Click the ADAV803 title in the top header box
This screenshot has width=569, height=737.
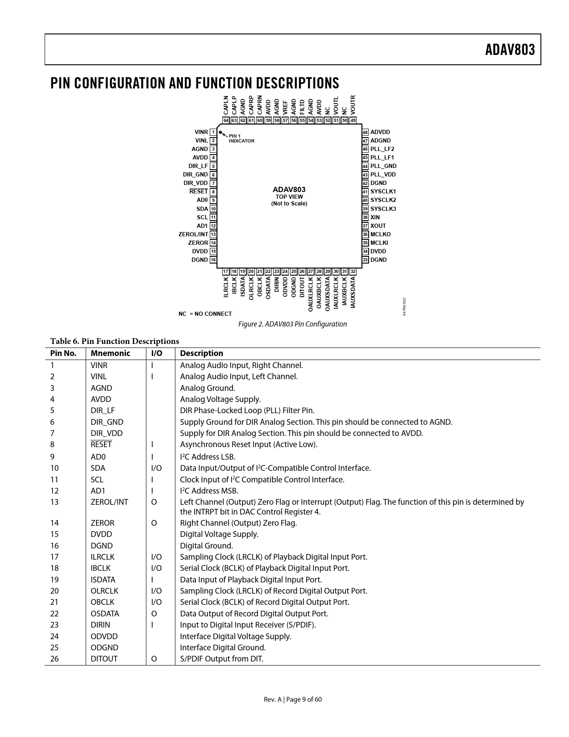[x=510, y=50]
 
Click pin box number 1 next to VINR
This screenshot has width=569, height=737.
[x=213, y=132]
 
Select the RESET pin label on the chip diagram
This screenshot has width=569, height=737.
[x=199, y=192]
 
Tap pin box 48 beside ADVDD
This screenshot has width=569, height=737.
[x=365, y=132]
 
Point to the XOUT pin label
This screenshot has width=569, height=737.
[x=378, y=226]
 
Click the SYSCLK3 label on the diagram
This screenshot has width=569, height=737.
[x=383, y=209]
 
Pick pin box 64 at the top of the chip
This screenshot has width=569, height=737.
[x=226, y=120]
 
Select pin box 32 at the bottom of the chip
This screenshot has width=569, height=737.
[x=353, y=272]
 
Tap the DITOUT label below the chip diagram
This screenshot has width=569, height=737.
[x=302, y=287]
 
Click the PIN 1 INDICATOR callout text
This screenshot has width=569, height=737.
[x=241, y=138]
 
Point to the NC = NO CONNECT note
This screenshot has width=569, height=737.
[x=205, y=314]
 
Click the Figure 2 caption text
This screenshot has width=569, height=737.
[x=292, y=324]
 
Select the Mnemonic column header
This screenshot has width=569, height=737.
[x=110, y=353]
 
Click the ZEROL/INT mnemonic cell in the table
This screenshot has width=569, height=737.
[x=109, y=502]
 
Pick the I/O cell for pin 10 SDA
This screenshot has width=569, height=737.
[x=157, y=468]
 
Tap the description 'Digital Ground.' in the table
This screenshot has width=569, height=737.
[x=206, y=546]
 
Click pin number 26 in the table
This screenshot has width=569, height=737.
[x=54, y=659]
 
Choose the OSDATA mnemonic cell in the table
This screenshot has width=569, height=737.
[x=105, y=614]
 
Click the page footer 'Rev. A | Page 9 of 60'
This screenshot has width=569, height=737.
[x=292, y=699]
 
